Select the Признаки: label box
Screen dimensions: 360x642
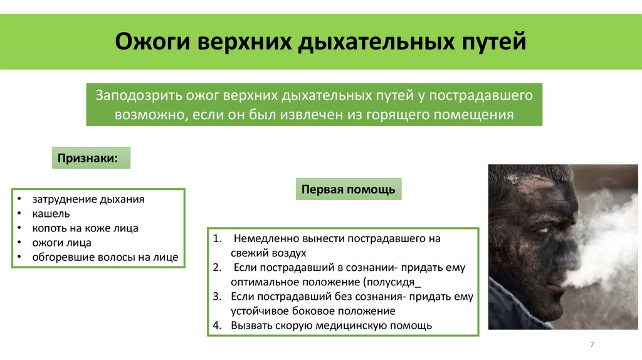point(91,157)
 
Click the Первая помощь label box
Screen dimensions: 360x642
point(348,189)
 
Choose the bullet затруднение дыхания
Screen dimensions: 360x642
point(88,199)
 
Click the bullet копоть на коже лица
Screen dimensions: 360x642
point(85,228)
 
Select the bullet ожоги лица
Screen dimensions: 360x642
point(62,243)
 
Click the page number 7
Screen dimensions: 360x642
point(592,346)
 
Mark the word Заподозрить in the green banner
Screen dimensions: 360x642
point(138,96)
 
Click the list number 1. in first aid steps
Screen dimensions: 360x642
point(217,239)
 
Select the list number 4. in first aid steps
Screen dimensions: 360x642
point(217,326)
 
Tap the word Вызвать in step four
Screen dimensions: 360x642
point(250,326)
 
